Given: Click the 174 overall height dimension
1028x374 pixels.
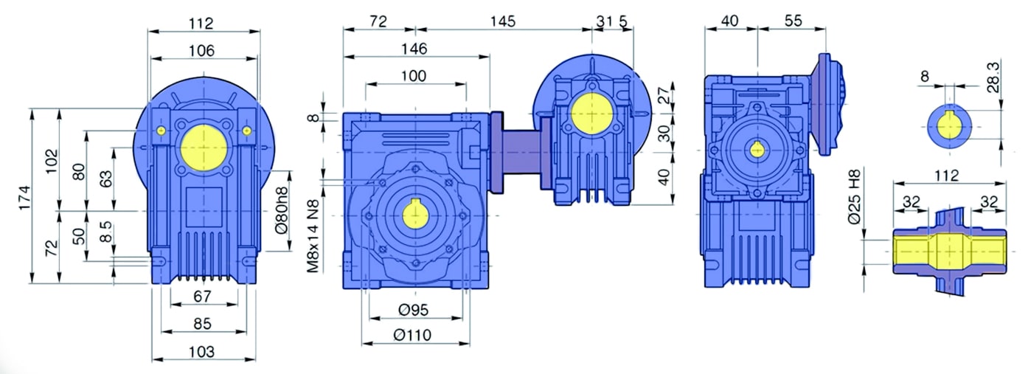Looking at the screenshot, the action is [x=25, y=198].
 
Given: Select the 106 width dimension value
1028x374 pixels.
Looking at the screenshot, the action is [x=202, y=50].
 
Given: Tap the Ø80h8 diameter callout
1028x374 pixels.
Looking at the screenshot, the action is [x=282, y=210].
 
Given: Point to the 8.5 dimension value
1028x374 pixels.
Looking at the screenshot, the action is [x=105, y=231].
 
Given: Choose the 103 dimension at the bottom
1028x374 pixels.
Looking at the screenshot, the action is [x=202, y=352].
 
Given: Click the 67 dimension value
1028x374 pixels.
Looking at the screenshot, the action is [x=202, y=297].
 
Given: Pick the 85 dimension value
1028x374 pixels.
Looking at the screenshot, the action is [x=202, y=324].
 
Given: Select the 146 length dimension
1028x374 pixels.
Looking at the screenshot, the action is [x=414, y=49].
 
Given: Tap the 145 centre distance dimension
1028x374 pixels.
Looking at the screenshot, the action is [x=503, y=21].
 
